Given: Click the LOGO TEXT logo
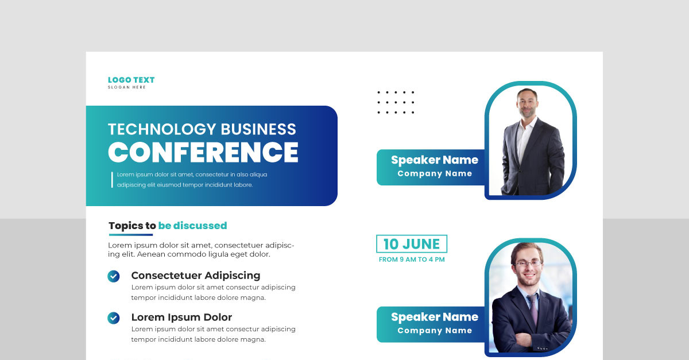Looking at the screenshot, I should click(x=131, y=80).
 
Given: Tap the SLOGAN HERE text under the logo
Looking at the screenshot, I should click(x=127, y=87).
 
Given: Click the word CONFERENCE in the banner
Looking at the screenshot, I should click(x=203, y=152).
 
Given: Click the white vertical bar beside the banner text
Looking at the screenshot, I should click(x=112, y=180).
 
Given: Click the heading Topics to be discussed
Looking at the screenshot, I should click(x=168, y=226).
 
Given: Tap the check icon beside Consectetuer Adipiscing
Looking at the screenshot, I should click(x=114, y=276).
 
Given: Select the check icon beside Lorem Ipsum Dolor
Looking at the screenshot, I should click(x=114, y=318).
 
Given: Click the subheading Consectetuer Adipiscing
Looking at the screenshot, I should click(x=196, y=276).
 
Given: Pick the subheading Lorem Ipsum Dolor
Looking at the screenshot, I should click(x=181, y=317).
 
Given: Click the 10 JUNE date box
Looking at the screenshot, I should click(x=411, y=244).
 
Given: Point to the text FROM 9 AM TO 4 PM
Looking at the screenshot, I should click(x=412, y=260).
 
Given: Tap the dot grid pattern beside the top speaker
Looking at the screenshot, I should click(x=396, y=102).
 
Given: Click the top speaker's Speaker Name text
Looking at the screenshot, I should click(x=435, y=160).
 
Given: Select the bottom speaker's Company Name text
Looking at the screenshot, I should click(x=435, y=331).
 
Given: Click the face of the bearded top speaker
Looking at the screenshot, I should click(x=527, y=103).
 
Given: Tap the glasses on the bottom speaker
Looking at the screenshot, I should click(x=528, y=264).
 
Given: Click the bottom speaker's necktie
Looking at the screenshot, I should click(x=533, y=310).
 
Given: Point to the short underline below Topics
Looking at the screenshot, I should click(x=131, y=234).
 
